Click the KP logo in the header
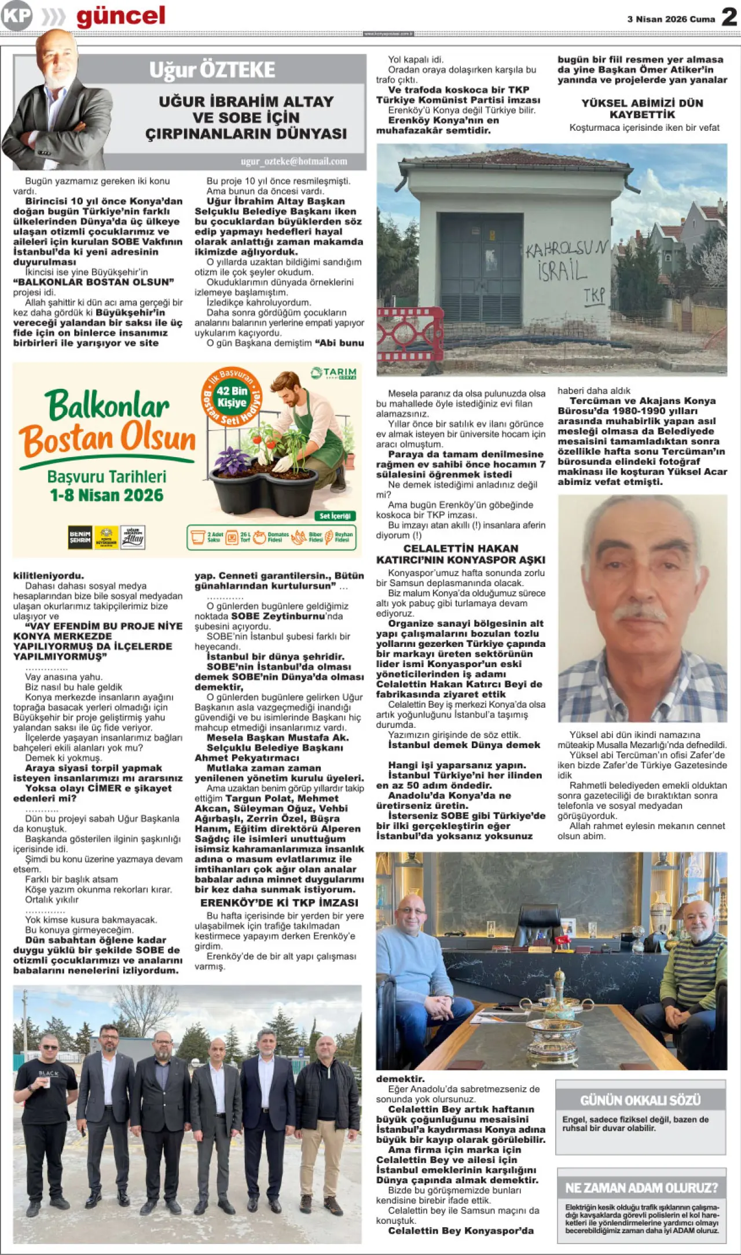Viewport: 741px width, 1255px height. pos(16,17)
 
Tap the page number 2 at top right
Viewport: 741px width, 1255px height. pos(729,17)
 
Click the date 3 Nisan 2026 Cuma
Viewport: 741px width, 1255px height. pos(671,19)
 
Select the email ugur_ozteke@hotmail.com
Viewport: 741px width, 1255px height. pos(294,161)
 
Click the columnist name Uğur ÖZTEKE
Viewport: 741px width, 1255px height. pos(212,70)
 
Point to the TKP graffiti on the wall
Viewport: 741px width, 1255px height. pos(594,296)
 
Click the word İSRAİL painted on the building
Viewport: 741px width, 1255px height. pos(562,270)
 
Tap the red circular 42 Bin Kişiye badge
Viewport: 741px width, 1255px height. pos(232,396)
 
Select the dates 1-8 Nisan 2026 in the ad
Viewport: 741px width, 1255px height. pos(107,495)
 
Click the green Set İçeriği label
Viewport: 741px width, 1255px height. pos(335,516)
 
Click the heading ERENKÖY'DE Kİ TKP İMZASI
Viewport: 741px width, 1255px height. pos(279,903)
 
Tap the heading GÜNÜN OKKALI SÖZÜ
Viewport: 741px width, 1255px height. pos(640,1100)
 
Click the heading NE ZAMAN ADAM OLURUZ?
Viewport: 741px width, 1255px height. pos(641,1188)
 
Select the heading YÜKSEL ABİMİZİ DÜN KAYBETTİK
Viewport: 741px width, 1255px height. pos(642,108)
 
